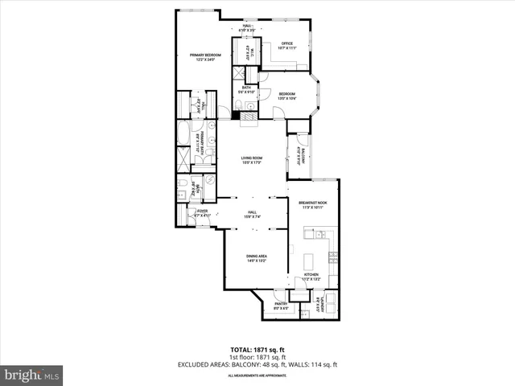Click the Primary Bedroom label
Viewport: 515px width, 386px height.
pyautogui.click(x=205, y=56)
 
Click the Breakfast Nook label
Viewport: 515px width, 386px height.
pyautogui.click(x=311, y=204)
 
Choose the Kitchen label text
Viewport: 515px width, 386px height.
pyautogui.click(x=311, y=277)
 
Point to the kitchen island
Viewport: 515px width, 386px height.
pyautogui.click(x=310, y=261)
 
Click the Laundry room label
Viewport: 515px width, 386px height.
pyautogui.click(x=319, y=304)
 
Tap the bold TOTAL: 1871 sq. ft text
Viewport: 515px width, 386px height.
pyautogui.click(x=257, y=350)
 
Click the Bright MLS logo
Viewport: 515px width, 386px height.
pyautogui.click(x=32, y=375)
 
